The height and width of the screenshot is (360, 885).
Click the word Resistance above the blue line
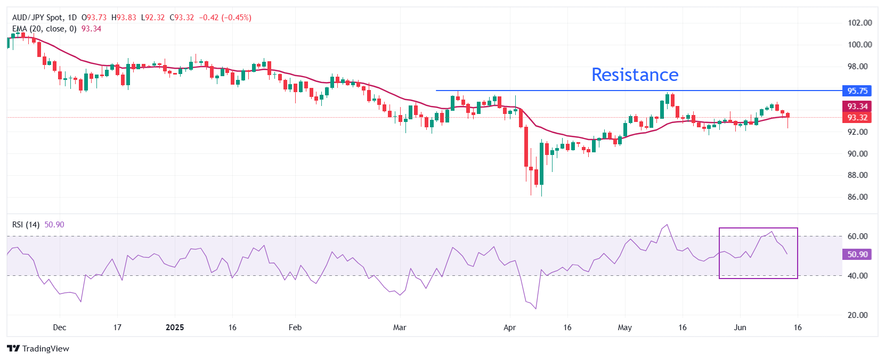635,75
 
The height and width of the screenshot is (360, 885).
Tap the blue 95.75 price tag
857,91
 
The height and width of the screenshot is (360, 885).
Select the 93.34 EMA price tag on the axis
857,107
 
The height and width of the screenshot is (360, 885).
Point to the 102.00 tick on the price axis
859,23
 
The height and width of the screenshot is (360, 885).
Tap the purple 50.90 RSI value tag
857,255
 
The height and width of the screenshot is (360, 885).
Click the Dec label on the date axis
60,328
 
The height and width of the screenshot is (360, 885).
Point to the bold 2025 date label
175,328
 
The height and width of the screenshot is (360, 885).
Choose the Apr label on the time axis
510,328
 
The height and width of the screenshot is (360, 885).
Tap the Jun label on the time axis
740,328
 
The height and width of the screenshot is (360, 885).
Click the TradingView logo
38,349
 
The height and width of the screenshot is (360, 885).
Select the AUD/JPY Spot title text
37,18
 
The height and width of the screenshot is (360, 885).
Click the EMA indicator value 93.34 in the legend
91,29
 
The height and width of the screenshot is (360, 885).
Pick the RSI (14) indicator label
26,225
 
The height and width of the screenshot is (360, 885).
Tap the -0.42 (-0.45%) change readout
225,18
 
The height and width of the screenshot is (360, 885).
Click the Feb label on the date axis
295,328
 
